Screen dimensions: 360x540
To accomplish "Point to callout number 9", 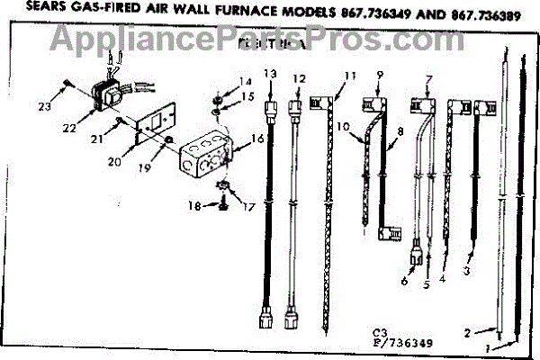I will pyautogui.click(x=381, y=74).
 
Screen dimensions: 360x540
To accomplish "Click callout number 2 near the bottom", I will pyautogui.click(x=467, y=333).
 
